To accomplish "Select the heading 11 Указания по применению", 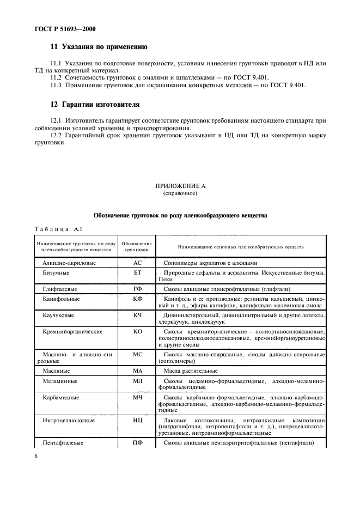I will click(x=98, y=47).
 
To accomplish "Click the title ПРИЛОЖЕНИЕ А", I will click(x=180, y=186).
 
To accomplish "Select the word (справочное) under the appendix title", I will click(x=180, y=193).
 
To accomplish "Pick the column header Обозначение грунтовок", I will click(x=136, y=246).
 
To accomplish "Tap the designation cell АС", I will click(x=137, y=262).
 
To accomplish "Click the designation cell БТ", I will click(x=137, y=272).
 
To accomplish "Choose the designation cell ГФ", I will click(x=137, y=289).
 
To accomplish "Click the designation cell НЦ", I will click(x=137, y=421).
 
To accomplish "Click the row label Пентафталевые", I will click(x=63, y=443).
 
